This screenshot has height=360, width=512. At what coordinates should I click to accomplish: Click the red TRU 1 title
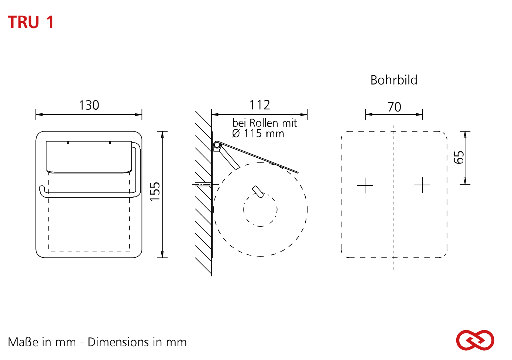[x=31, y=22]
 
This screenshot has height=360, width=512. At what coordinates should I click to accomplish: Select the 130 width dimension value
[x=89, y=105]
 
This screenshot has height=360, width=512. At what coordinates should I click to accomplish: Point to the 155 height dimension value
[x=155, y=192]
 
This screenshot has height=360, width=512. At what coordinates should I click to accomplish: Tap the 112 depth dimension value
[x=260, y=105]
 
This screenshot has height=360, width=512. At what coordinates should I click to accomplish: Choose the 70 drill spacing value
[x=394, y=107]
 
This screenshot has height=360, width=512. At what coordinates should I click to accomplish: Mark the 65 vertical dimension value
[x=458, y=157]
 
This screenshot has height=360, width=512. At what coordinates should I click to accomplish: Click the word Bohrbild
[x=394, y=80]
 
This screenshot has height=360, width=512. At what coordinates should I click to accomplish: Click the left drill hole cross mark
[x=365, y=185]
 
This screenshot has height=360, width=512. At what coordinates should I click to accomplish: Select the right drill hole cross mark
[x=422, y=185]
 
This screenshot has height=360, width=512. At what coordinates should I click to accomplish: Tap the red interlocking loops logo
[x=475, y=340]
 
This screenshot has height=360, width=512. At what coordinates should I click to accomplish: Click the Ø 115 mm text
[x=258, y=134]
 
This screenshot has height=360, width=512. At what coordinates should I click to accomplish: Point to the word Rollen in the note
[x=264, y=123]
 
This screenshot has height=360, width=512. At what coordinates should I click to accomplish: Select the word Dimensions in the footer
[x=118, y=342]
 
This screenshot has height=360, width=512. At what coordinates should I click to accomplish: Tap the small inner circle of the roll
[x=260, y=210]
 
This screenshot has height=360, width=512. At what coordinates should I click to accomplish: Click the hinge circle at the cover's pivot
[x=216, y=145]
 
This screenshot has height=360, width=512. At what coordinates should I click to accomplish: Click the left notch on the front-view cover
[x=68, y=143]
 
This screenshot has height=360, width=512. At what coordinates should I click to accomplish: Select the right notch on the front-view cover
[x=110, y=143]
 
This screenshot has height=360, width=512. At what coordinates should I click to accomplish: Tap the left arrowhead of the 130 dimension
[x=39, y=114]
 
